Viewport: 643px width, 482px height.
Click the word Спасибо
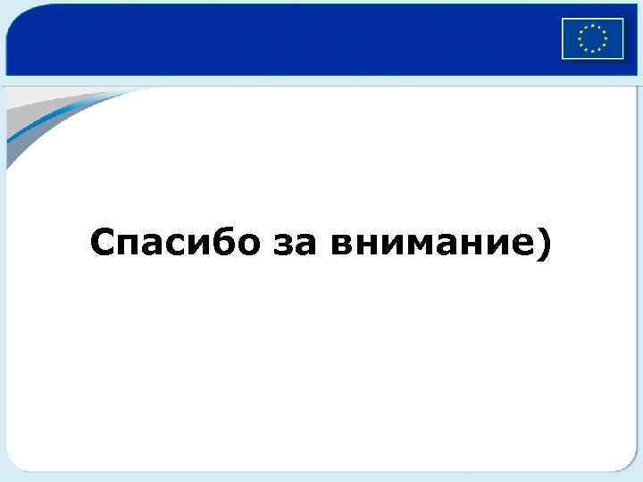tap(170, 242)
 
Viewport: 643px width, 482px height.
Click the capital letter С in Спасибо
tap(101, 242)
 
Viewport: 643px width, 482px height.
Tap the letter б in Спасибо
tap(216, 242)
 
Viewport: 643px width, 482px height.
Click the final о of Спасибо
tap(240, 245)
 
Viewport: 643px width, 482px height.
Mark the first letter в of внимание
tap(341, 245)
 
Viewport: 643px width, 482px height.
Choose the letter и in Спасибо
tap(193, 245)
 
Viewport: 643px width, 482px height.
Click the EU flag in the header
tap(592, 38)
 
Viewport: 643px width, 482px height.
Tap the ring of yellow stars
tap(592, 38)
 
